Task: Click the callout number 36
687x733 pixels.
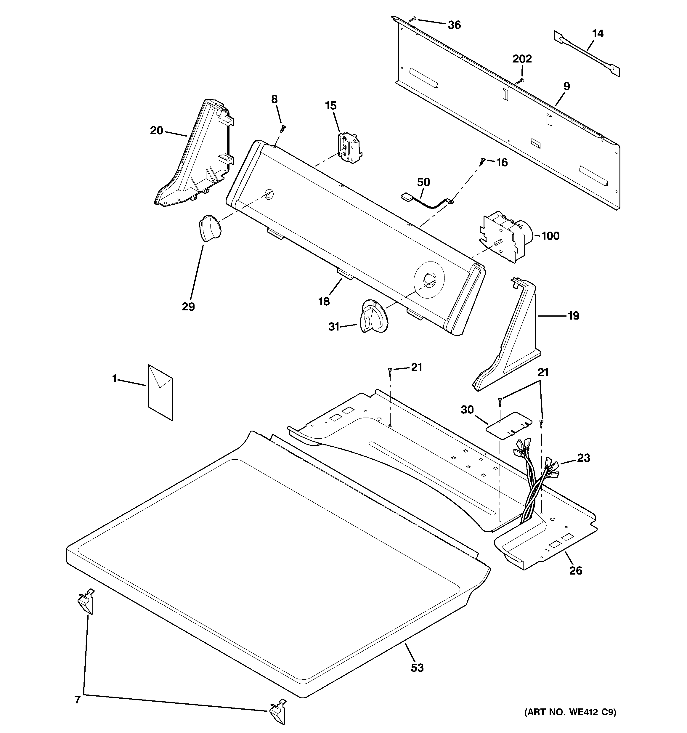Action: [454, 25]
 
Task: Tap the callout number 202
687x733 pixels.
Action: [522, 59]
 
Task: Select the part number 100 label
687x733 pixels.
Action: [550, 236]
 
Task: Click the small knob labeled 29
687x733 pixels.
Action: [209, 229]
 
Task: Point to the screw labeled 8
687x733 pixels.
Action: [283, 128]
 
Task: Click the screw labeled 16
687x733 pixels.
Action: [481, 161]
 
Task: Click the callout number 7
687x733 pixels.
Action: [78, 700]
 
